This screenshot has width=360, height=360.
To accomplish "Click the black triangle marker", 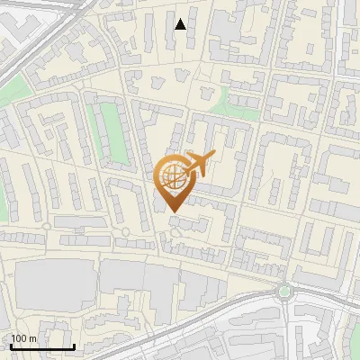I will [x=181, y=24].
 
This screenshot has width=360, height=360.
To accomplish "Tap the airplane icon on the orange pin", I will [x=195, y=165].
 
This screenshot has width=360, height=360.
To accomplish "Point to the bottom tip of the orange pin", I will [x=172, y=211].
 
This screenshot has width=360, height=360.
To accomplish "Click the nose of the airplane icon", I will [x=211, y=156].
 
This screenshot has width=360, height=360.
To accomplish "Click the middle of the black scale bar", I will [x=42, y=346].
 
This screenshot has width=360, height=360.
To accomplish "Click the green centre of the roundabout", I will [x=285, y=291].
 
